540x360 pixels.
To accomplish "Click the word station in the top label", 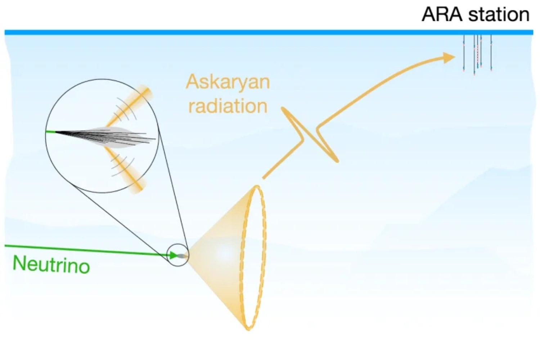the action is [499, 14].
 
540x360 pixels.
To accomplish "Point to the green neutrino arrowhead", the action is [174, 255].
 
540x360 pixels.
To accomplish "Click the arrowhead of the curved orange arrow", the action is [449, 58].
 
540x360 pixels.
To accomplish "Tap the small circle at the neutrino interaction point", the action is [178, 255].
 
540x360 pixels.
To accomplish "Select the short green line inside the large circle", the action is [51, 132].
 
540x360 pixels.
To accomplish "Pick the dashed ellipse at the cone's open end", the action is [253, 257].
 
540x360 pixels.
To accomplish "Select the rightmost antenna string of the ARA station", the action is [491, 53].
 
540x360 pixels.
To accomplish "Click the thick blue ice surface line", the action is [269, 32].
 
